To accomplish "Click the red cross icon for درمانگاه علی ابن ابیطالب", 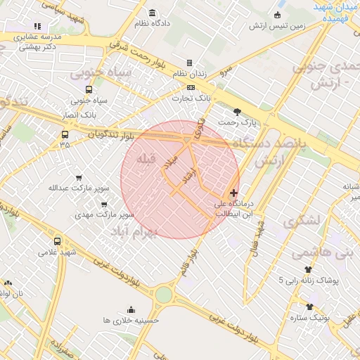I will point(233,193).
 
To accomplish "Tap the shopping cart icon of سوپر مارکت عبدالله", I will point(79,177).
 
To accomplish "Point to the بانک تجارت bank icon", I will point(183,88).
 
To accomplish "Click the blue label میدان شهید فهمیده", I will point(335,13).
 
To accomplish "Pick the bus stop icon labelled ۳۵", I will point(65,134).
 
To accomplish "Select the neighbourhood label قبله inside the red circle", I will point(146,159).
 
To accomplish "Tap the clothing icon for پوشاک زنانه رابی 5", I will point(308,269).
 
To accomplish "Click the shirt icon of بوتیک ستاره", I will point(309,307).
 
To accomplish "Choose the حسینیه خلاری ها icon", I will point(131,309).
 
